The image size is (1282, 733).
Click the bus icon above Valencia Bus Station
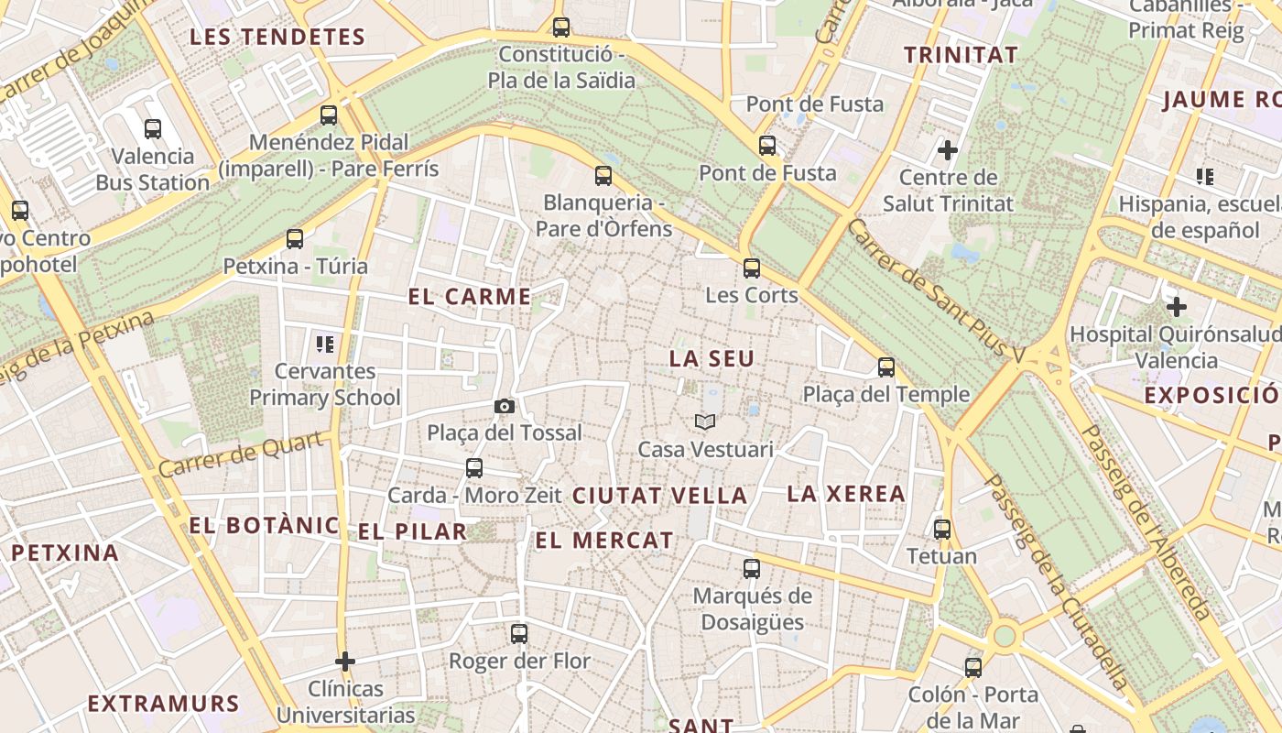pyautogui.click(x=153, y=129)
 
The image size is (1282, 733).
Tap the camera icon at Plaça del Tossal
pyautogui.click(x=504, y=406)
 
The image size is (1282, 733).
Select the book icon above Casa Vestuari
pyautogui.click(x=704, y=421)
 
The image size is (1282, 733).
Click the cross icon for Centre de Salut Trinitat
pyautogui.click(x=948, y=149)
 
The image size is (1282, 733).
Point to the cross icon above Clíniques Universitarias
pyautogui.click(x=345, y=661)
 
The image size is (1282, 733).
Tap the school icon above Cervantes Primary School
pyautogui.click(x=325, y=345)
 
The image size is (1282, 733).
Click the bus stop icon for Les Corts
pyautogui.click(x=752, y=268)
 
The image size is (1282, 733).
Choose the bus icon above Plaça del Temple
pyautogui.click(x=885, y=367)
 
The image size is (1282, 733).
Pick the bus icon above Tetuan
pyautogui.click(x=942, y=530)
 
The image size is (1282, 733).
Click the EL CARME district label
pyautogui.click(x=470, y=297)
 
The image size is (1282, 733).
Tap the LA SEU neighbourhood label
pyautogui.click(x=712, y=359)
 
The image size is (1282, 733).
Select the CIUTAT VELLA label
pyautogui.click(x=660, y=496)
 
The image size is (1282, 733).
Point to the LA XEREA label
pyautogui.click(x=846, y=494)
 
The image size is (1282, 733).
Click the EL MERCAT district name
pyautogui.click(x=604, y=541)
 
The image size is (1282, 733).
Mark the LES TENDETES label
pyautogui.click(x=277, y=38)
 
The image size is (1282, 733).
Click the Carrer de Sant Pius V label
pyautogui.click(x=949, y=290)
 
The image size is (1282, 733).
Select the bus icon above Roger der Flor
pyautogui.click(x=519, y=633)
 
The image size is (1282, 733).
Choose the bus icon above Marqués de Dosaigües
pyautogui.click(x=752, y=569)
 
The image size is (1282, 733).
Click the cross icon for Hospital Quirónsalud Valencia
pyautogui.click(x=1177, y=307)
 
